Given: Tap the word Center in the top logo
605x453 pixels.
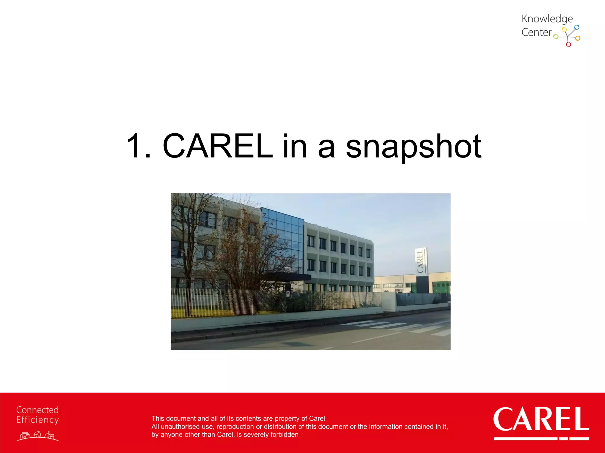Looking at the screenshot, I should coord(536,32).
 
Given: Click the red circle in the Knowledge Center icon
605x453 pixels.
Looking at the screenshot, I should coord(568,45).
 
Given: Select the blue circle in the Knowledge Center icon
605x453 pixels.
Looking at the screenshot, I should coord(577,27).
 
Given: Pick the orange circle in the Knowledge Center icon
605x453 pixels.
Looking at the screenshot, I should coord(578,38).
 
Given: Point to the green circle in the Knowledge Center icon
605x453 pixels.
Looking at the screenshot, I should coord(556,37).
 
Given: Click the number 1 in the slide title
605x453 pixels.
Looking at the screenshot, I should coord(135,146).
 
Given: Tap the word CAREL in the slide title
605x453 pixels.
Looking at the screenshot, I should coord(217,146).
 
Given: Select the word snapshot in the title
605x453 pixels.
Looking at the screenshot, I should coord(414,147).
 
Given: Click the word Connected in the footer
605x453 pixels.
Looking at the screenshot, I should coord(38,410).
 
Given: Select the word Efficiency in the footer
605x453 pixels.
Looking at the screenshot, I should coord(38,420).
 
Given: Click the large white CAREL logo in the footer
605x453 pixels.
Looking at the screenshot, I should coord(541,420).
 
